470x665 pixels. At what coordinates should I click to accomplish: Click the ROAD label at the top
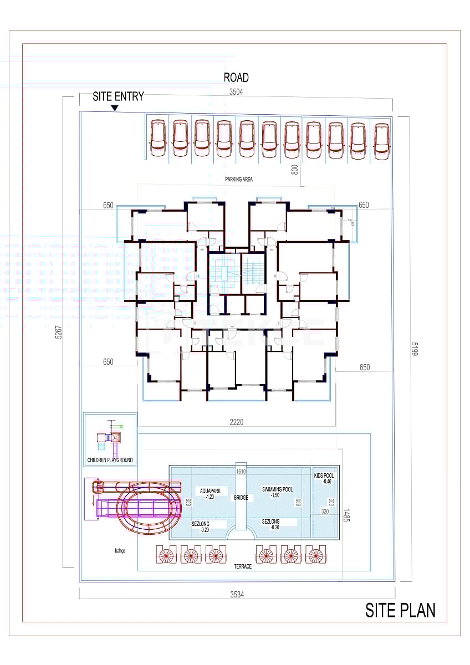[x=236, y=78]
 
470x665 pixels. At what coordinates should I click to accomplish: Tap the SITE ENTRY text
[x=118, y=96]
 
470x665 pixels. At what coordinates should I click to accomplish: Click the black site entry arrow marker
[x=115, y=108]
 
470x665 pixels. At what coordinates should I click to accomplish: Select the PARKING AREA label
[x=239, y=180]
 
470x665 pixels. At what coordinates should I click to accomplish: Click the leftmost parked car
[x=158, y=138]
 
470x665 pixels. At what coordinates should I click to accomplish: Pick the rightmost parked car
[x=381, y=141]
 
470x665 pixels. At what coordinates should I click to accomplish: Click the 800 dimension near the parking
[x=295, y=170]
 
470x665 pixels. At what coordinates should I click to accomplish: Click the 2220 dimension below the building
[x=236, y=422]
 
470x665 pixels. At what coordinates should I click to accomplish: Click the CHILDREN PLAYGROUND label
[x=110, y=461]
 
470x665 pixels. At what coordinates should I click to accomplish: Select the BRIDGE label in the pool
[x=241, y=498]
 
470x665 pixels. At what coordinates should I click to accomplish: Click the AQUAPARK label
[x=210, y=493]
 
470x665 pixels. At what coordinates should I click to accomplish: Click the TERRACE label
[x=242, y=566]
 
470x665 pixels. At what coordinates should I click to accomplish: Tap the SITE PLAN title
[x=400, y=610]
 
